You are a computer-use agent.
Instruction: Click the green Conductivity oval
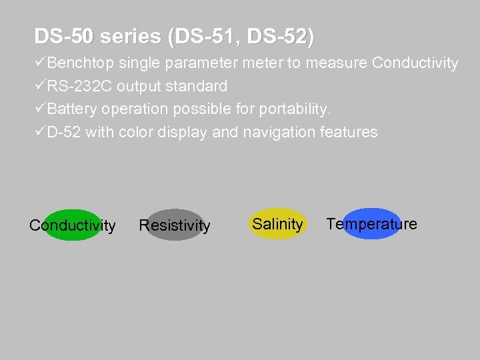tap(72, 225)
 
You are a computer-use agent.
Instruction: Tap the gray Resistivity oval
tap(174, 225)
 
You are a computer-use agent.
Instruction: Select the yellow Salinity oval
tap(277, 224)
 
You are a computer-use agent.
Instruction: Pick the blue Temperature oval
tap(371, 224)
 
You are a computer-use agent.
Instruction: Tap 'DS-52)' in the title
tap(280, 37)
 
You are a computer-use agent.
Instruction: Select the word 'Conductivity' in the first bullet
tap(415, 63)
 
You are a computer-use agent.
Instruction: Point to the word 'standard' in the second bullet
tap(198, 87)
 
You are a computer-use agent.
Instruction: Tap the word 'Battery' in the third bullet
tap(71, 109)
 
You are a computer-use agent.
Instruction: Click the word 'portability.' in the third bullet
tap(296, 109)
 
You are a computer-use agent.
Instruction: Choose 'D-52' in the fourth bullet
tap(64, 132)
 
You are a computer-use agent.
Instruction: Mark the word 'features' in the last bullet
tap(349, 132)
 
